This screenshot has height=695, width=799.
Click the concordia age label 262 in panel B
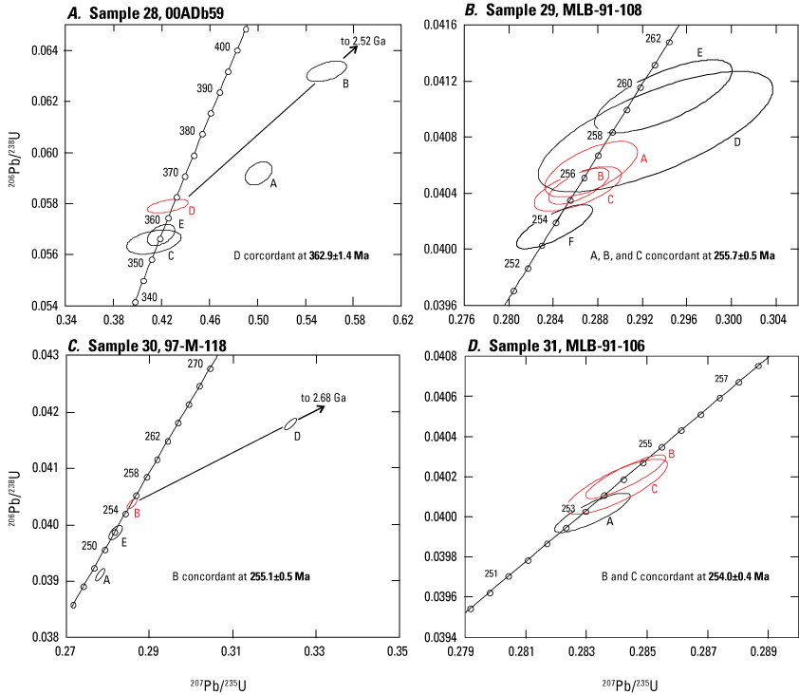(653, 39)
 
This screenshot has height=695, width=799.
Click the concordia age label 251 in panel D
(491, 573)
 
